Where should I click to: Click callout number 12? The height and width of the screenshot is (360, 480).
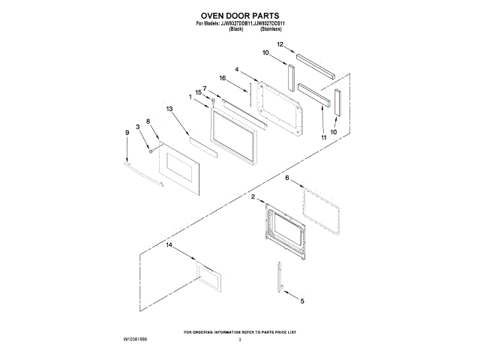coord(279,45)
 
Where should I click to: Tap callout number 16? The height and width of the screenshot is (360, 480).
coord(222,78)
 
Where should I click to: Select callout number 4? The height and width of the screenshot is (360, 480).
coord(237,70)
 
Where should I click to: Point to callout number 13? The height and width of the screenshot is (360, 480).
coord(169,109)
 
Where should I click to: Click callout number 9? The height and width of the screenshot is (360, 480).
coord(127,133)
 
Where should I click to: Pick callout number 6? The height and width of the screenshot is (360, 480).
coord(286,178)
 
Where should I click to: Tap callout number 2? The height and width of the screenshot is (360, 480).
coord(253,196)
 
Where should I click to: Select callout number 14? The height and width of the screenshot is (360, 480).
coord(169,245)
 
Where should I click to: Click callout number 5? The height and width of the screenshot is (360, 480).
coord(302,301)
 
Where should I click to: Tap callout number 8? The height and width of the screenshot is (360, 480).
coord(148,121)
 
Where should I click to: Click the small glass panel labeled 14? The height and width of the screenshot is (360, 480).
coord(209,278)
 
